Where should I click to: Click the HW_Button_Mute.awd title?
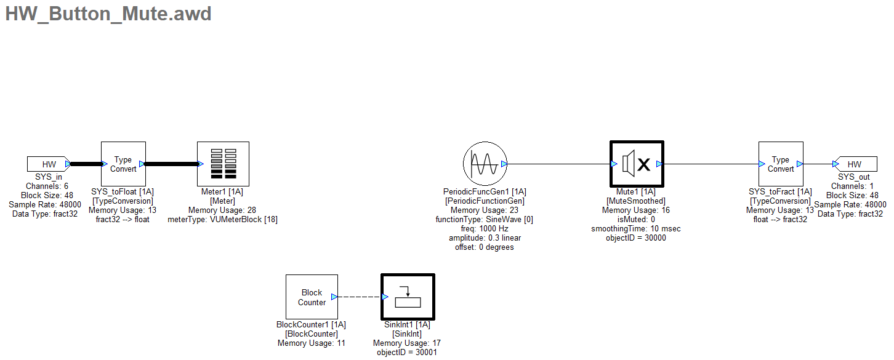pyautogui.click(x=108, y=14)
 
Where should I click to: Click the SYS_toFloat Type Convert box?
pyautogui.click(x=123, y=164)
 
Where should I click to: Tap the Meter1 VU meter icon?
pyautogui.click(x=222, y=164)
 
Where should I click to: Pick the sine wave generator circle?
pyautogui.click(x=484, y=164)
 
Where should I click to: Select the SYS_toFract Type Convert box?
pyautogui.click(x=780, y=164)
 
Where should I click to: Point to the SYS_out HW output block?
pyautogui.click(x=854, y=164)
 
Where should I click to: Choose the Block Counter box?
pyautogui.click(x=312, y=297)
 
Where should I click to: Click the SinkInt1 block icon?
pyautogui.click(x=408, y=297)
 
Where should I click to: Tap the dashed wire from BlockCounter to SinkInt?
pyautogui.click(x=360, y=297)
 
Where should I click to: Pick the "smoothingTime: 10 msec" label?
pyautogui.click(x=636, y=229)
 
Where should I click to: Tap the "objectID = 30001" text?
pyautogui.click(x=406, y=353)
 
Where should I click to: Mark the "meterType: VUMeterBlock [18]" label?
pyautogui.click(x=222, y=220)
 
